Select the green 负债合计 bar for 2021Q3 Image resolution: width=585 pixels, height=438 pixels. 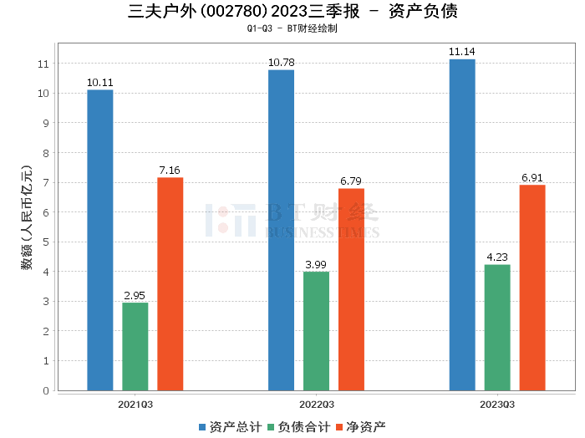(135, 346)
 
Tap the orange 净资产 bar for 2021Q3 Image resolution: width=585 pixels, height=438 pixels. (170, 283)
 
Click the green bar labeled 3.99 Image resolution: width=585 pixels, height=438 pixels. (316, 331)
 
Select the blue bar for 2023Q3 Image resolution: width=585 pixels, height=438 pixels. (462, 225)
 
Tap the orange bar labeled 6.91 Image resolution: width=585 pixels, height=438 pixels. (532, 288)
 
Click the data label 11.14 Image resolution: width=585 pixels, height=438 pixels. (462, 52)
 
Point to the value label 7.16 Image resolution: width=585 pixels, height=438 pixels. (170, 171)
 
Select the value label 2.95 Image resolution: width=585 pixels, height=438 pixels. (135, 296)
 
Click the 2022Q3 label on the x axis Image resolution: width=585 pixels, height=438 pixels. (316, 404)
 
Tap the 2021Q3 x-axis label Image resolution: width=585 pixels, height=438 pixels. (135, 404)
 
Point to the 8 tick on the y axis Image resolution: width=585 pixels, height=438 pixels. (44, 153)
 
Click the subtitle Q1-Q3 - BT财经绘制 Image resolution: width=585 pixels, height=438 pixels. (292, 28)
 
